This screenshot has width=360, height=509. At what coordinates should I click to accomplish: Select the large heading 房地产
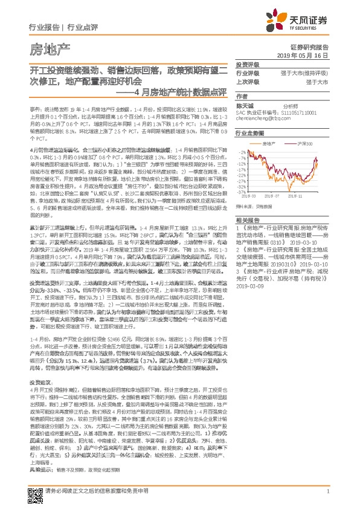(50, 48)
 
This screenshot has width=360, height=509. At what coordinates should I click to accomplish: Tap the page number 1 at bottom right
(327, 493)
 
